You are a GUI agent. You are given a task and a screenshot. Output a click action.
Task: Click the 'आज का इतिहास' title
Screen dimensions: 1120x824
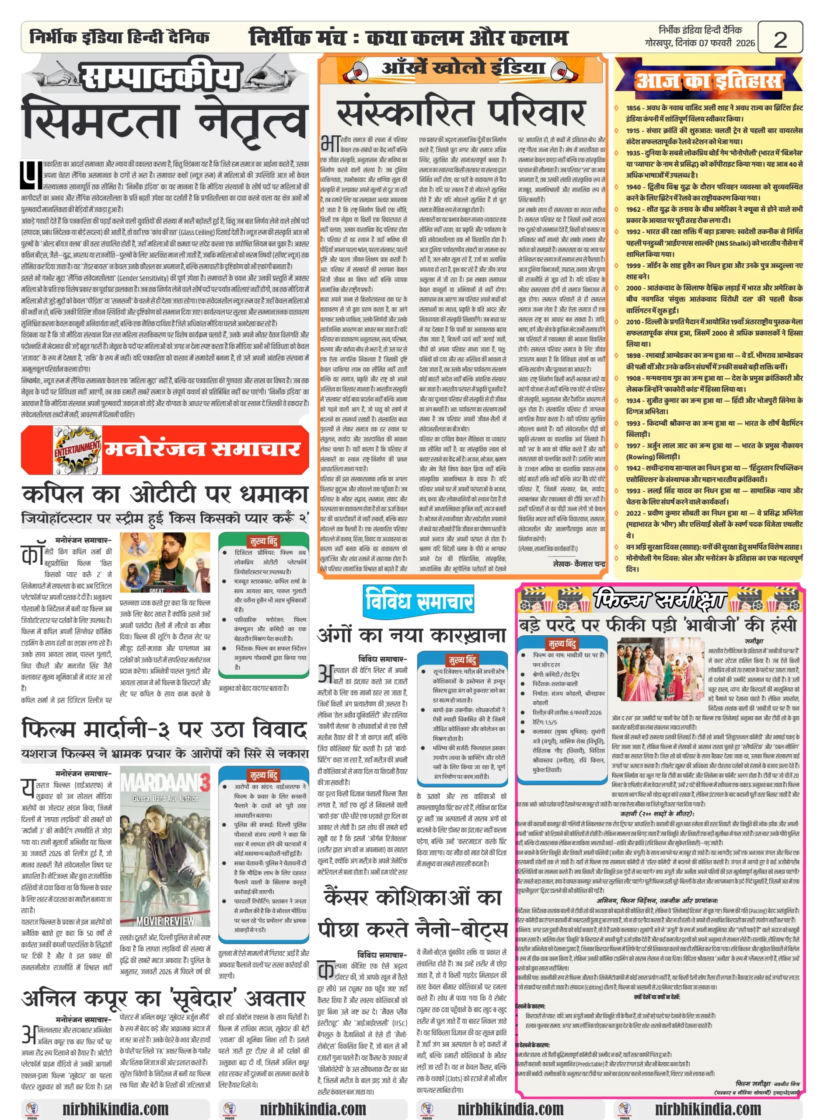[x=708, y=80]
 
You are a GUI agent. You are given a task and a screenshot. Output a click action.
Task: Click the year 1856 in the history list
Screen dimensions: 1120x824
[x=633, y=108]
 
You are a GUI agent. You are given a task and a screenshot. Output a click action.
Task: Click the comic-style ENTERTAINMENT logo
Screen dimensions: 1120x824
[x=77, y=449]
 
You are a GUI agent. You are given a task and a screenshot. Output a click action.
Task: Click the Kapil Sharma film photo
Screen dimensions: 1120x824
[x=164, y=562]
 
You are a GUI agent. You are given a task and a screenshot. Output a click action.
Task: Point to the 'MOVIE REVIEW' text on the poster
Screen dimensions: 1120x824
[x=165, y=920]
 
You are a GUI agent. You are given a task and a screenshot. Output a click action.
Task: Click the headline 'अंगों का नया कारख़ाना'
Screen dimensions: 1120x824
[x=412, y=635]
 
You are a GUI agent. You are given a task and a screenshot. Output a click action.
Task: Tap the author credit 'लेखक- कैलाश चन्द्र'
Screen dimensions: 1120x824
[x=579, y=564]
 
